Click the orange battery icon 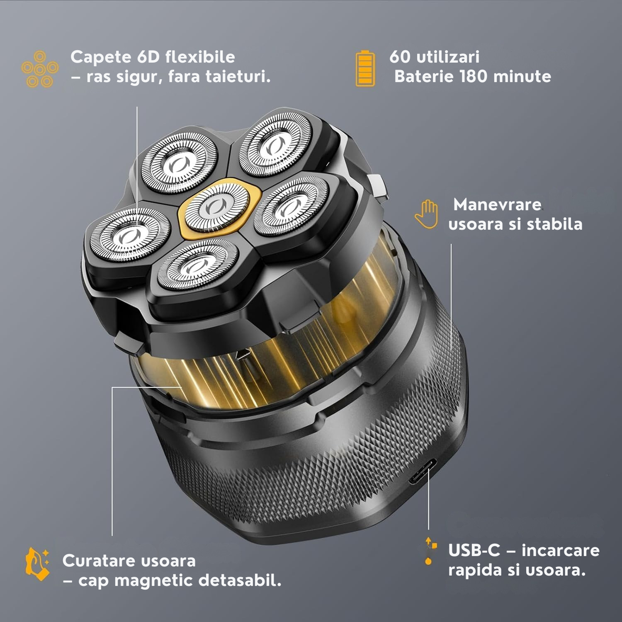pos(365,69)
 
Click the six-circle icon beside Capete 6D pos(40,69)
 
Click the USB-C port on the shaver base pos(423,471)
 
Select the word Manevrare pos(497,204)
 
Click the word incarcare pos(561,551)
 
